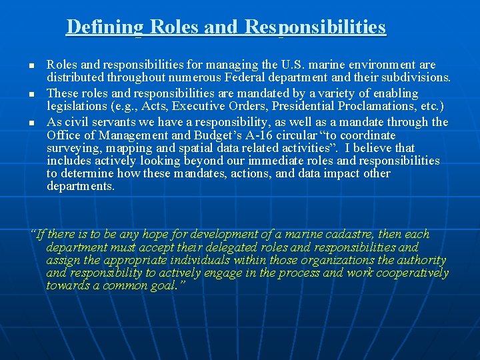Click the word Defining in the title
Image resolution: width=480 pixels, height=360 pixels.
tap(105, 27)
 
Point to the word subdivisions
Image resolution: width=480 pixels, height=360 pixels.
tap(417, 77)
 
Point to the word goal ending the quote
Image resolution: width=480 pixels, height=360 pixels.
tap(164, 286)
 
